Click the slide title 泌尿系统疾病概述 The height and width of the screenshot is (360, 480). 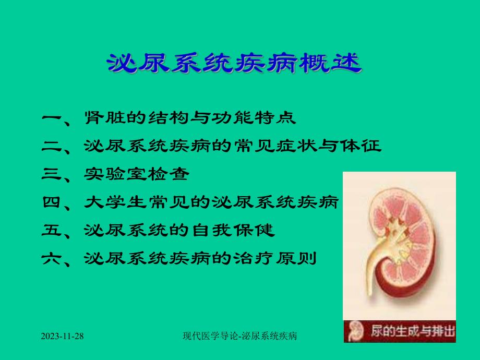(233, 64)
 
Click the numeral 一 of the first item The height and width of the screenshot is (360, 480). (53, 118)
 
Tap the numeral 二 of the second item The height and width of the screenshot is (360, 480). (53, 146)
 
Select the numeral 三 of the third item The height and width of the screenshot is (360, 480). (53, 174)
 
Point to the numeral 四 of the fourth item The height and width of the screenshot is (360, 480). (53, 202)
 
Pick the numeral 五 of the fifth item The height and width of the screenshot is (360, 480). (53, 230)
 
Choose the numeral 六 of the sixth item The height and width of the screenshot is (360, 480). (53, 258)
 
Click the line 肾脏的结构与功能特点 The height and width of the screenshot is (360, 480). (190, 118)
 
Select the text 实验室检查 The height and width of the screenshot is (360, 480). (136, 174)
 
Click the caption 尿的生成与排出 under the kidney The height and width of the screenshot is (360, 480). (412, 332)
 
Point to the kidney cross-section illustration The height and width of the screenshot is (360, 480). (402, 240)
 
